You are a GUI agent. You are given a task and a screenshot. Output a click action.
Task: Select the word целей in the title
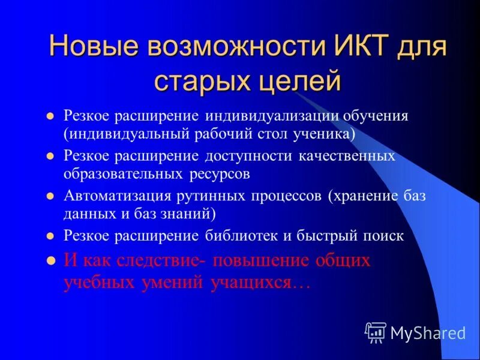click(301, 81)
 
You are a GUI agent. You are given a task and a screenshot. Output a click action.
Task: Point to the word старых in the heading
click(196, 81)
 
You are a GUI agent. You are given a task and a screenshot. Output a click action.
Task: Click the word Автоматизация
click(115, 197)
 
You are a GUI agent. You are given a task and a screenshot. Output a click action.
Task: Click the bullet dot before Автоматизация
click(51, 196)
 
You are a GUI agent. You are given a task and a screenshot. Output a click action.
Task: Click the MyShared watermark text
click(428, 332)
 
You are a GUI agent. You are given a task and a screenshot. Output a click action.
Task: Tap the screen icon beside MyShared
click(376, 332)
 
